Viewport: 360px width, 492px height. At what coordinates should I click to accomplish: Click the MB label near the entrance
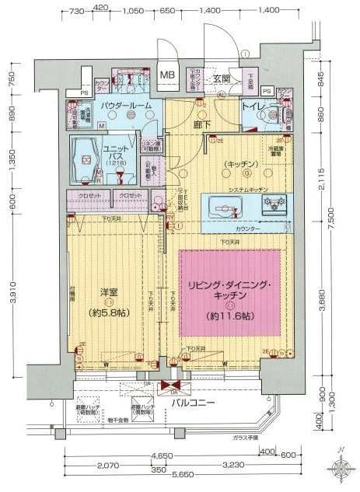167,75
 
